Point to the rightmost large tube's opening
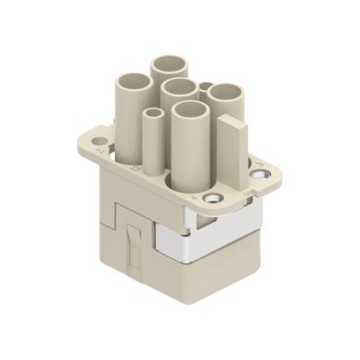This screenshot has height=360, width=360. (x=223, y=92)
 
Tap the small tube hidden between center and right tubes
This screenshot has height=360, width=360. (x=204, y=88)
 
